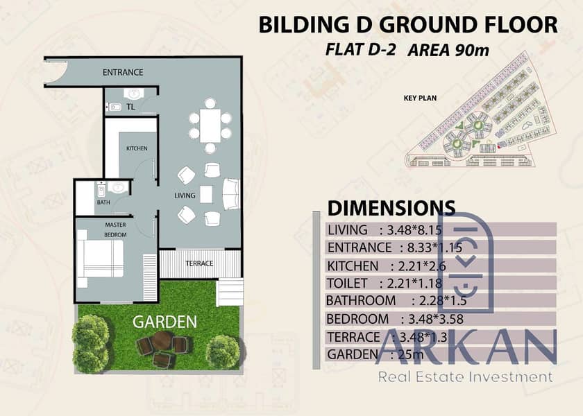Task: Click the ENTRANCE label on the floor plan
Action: coord(123,72)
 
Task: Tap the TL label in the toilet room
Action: coord(130,107)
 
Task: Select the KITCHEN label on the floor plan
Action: coord(137,148)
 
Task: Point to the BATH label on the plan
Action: coord(103,202)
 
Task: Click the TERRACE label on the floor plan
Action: coord(199,263)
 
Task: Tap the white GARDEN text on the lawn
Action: coord(164,322)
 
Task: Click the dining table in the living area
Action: coord(210,125)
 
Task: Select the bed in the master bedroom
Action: coord(101,258)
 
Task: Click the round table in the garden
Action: coord(162,340)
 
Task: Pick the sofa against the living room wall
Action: coord(231,194)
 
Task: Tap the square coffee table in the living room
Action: coord(206,194)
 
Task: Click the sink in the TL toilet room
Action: coord(131,94)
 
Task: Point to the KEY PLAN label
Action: coord(420,98)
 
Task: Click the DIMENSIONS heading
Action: coord(391,209)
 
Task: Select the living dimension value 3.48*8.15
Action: coord(414,230)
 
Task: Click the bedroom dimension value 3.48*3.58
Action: coord(436,319)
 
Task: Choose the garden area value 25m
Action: coord(410,354)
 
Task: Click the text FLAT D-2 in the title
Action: coord(360,49)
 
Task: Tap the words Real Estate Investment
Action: coord(466,377)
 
